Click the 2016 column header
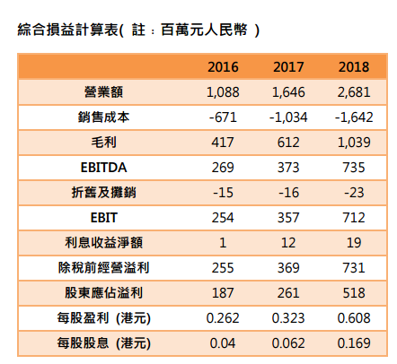[223, 67]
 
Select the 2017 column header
[288, 67]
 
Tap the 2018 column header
[354, 67]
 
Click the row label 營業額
[103, 92]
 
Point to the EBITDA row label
[103, 168]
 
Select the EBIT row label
[103, 218]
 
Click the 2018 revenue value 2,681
[354, 92]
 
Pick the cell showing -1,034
[288, 117]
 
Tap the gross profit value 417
[223, 143]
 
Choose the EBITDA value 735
[354, 168]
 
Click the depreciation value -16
[288, 193]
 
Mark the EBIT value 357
[288, 218]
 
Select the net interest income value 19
[354, 243]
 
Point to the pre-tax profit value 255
[223, 268]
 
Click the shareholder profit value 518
[354, 293]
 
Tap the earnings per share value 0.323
[288, 318]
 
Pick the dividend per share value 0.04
[223, 343]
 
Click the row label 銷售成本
[103, 117]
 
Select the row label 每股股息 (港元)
[103, 343]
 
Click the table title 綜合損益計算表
[68, 30]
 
